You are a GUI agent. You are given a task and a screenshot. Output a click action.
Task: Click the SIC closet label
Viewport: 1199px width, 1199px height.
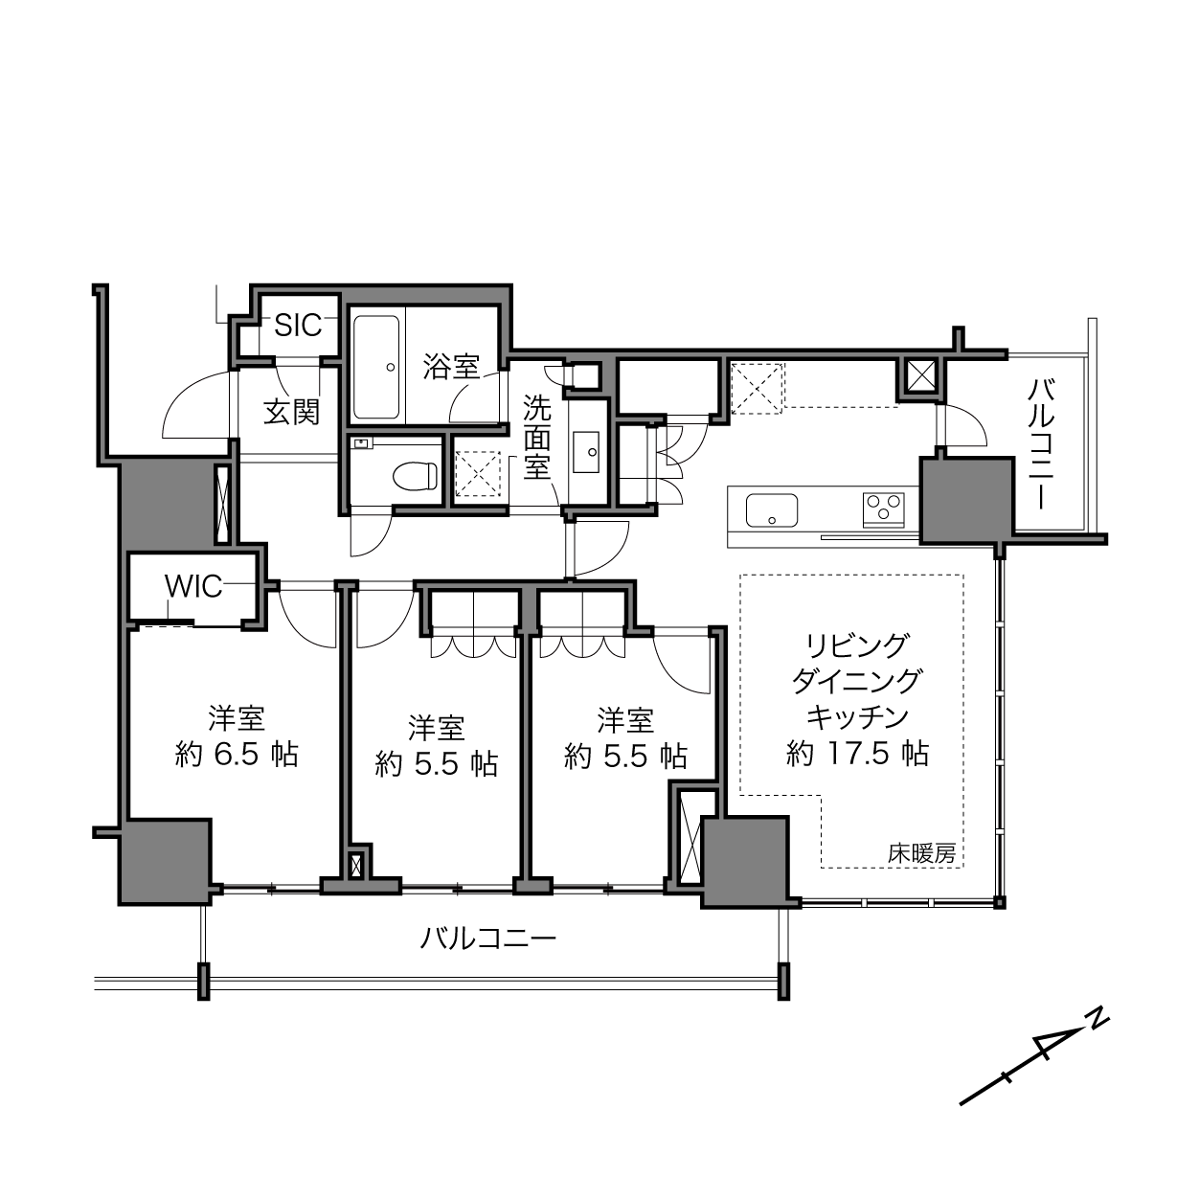(x=298, y=325)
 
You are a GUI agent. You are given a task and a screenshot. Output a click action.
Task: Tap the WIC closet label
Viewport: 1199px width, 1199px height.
(x=193, y=586)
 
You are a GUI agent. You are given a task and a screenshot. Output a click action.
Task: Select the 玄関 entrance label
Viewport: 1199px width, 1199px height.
(x=291, y=412)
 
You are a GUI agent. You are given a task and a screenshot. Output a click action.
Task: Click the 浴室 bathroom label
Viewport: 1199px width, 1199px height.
(x=451, y=366)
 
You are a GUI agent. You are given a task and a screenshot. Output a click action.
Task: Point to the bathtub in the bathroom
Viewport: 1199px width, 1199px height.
(x=376, y=367)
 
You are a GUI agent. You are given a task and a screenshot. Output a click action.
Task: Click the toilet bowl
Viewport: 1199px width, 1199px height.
(x=417, y=476)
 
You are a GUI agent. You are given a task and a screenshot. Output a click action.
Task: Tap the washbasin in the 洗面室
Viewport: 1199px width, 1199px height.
(x=585, y=452)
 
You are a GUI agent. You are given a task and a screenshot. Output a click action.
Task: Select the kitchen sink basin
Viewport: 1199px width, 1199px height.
(x=772, y=510)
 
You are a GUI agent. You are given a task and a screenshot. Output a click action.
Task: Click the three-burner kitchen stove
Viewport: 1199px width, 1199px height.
(x=883, y=509)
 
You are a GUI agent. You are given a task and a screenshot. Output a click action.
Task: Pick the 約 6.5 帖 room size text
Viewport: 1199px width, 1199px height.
(x=237, y=755)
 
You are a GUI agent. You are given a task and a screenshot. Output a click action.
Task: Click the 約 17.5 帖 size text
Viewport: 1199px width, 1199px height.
(x=858, y=754)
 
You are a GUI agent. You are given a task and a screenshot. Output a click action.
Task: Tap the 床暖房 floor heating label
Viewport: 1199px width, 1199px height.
(x=921, y=854)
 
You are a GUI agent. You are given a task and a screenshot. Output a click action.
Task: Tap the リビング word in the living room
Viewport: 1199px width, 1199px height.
(x=857, y=646)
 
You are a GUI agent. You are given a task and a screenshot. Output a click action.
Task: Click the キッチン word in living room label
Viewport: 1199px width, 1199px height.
(x=857, y=717)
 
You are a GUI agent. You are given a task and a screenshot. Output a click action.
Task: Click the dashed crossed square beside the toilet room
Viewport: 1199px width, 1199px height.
(x=477, y=473)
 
